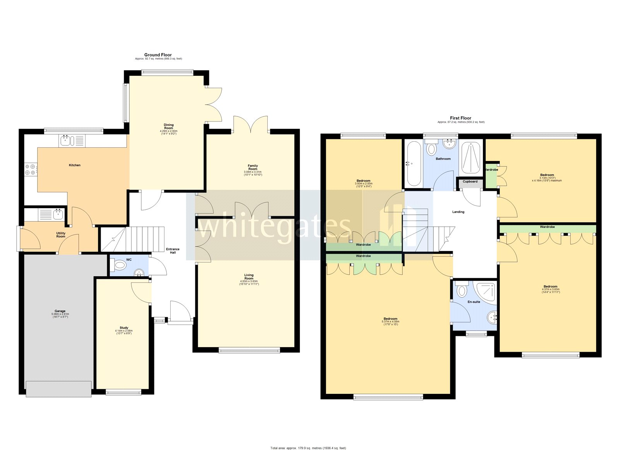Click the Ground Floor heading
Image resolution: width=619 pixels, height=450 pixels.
click(x=158, y=55)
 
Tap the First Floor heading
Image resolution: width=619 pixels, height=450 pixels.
click(x=460, y=118)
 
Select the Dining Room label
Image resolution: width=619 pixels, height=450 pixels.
click(x=169, y=126)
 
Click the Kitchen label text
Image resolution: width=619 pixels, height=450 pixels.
click(x=75, y=165)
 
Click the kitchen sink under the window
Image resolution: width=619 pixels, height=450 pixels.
click(x=66, y=140)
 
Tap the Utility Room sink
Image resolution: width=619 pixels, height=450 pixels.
click(x=58, y=214)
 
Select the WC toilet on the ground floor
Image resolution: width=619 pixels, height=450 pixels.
click(x=119, y=265)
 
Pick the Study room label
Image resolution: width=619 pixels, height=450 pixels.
click(x=124, y=328)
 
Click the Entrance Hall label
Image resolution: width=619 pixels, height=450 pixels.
click(x=173, y=251)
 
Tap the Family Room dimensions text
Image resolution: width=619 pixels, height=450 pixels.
click(x=253, y=173)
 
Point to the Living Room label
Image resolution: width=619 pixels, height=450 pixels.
click(x=249, y=277)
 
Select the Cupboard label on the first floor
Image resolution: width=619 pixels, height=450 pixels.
click(x=470, y=181)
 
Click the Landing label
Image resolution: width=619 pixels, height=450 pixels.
click(x=458, y=212)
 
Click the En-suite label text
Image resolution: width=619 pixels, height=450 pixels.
click(x=474, y=302)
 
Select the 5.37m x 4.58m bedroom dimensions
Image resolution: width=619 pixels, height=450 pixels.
click(x=390, y=323)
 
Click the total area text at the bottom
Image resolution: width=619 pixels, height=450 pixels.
click(x=308, y=448)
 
